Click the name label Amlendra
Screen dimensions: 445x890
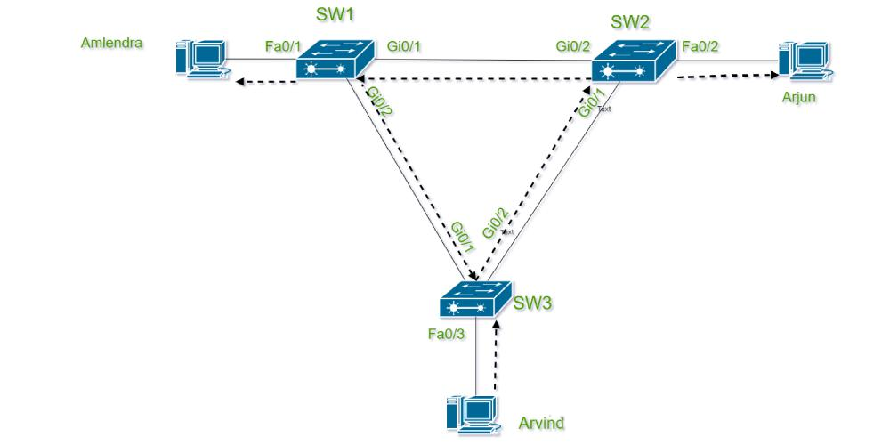coord(112,42)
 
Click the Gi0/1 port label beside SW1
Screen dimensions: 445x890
coord(405,44)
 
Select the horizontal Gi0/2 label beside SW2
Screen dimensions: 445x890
coord(572,44)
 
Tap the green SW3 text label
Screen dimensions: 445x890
coord(533,303)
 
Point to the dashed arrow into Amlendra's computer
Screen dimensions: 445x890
coord(265,84)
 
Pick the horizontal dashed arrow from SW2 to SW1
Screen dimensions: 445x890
coord(472,81)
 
